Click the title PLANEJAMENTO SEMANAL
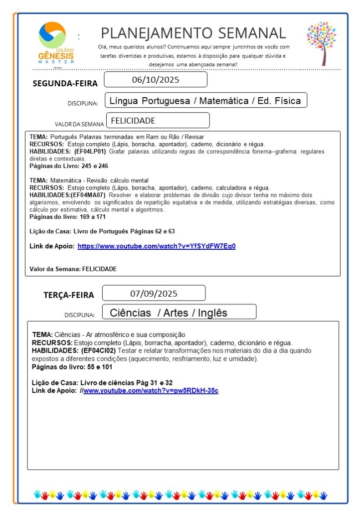(193, 33)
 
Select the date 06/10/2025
(156, 80)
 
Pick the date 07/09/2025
(154, 293)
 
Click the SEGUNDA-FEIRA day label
(65, 83)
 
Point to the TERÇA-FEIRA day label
(69, 295)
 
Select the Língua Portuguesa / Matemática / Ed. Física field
(205, 101)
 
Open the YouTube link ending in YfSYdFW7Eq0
(156, 246)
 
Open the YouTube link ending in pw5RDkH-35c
(151, 390)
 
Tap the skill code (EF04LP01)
(90, 152)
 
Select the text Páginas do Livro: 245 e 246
(69, 166)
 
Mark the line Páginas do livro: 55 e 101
(72, 366)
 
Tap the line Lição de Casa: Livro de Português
(102, 231)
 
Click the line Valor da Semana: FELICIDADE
(73, 269)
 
